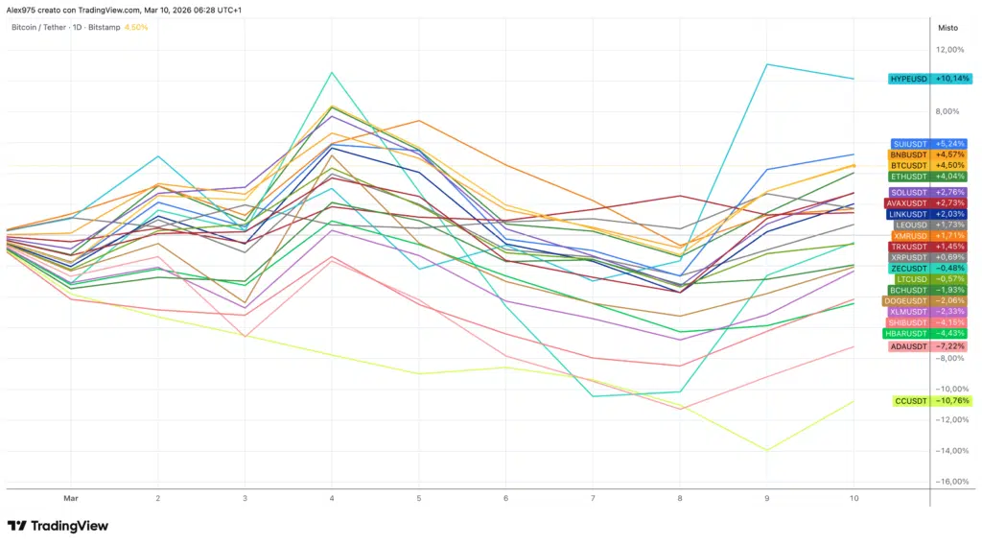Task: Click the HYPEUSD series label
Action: [x=908, y=79]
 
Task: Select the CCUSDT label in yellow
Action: [x=910, y=401]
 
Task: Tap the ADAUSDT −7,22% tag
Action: [x=908, y=345]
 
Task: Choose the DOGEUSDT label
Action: [x=904, y=300]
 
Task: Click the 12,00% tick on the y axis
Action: [x=949, y=50]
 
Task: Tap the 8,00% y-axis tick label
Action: [x=949, y=111]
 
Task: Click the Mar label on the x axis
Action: [x=70, y=499]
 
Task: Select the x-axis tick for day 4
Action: [x=332, y=499]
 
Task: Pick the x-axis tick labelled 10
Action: [x=854, y=499]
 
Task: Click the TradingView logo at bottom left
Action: [x=58, y=526]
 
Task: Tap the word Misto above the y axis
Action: [x=947, y=28]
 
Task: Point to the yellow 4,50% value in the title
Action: [x=136, y=27]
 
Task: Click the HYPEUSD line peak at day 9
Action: [x=767, y=64]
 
